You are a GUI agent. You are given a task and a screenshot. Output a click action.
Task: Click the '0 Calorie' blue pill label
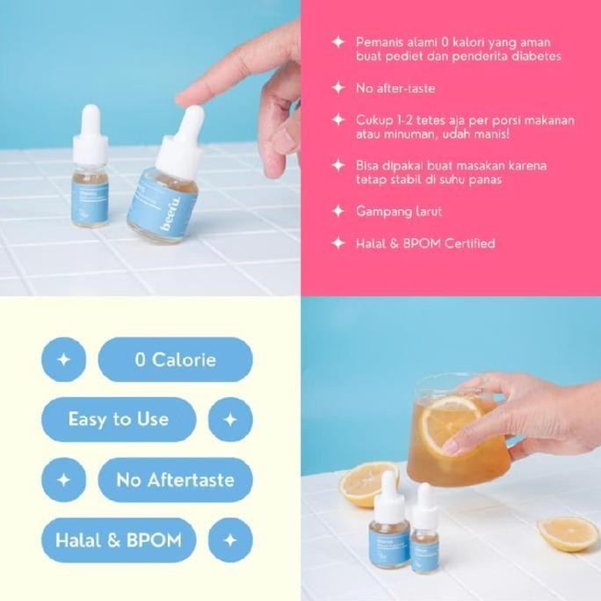[x=175, y=359]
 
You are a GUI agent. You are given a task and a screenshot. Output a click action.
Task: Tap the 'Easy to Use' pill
[x=119, y=418]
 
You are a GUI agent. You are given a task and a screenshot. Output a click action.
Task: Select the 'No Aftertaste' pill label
[x=175, y=480]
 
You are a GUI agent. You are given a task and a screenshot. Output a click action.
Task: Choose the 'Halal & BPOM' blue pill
[x=119, y=539]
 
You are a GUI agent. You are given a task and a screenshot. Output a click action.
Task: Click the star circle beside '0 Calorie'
[x=63, y=359]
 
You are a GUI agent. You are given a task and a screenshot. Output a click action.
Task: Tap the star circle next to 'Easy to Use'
[x=230, y=419]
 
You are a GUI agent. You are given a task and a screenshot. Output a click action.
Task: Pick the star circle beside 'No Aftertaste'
[x=63, y=480]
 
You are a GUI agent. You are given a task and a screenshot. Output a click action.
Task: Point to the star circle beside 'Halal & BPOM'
[x=230, y=539]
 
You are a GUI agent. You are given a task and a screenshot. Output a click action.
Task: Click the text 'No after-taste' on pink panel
[x=395, y=88]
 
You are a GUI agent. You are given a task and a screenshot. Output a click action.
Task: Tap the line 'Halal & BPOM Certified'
[x=425, y=243]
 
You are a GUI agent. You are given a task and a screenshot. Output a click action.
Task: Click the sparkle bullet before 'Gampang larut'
[x=337, y=211]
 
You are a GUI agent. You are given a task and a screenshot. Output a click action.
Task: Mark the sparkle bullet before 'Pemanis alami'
[x=337, y=41]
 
